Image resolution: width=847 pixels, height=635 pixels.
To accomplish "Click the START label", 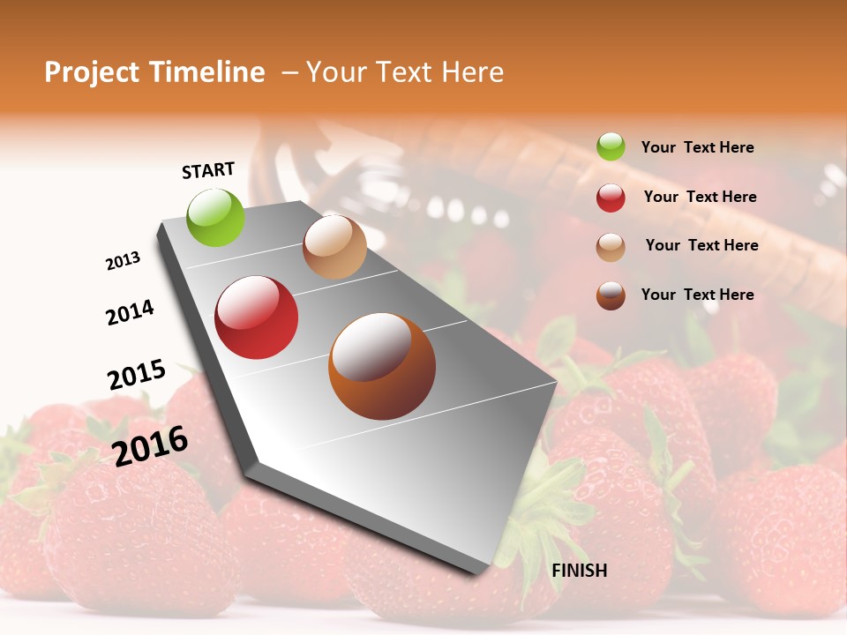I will click(x=208, y=170).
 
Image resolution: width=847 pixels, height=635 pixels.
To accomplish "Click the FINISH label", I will click(x=579, y=571).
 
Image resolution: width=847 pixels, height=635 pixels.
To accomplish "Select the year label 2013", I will click(x=124, y=261).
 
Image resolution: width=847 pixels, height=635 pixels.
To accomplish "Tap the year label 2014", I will click(x=130, y=312).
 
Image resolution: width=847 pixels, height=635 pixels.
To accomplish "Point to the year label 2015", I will click(x=137, y=375).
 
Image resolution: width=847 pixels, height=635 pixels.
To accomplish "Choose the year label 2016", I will click(x=150, y=445).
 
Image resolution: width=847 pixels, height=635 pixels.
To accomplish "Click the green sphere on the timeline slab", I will click(x=216, y=217).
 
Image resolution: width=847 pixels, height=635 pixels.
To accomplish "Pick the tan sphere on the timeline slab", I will click(x=334, y=247).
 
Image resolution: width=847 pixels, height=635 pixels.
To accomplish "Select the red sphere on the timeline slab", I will click(x=257, y=317).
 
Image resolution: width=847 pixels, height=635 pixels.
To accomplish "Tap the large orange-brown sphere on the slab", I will click(x=382, y=366).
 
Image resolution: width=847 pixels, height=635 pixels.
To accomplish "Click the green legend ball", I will click(x=611, y=146).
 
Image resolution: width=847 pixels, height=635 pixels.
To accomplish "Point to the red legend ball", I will click(x=611, y=198).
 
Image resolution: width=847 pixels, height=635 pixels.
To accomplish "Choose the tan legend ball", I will click(x=611, y=247).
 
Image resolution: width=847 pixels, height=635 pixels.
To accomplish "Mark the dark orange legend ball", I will click(x=611, y=295).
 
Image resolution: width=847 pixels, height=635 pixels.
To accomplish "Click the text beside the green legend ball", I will click(x=697, y=147).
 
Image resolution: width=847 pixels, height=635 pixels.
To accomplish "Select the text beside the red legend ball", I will click(x=701, y=197).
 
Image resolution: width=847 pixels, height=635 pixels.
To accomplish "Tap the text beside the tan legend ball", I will click(x=701, y=245).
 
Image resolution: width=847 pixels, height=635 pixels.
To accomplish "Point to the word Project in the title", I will click(x=93, y=72).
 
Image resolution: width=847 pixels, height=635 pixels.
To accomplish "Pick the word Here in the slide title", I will click(x=471, y=72).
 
